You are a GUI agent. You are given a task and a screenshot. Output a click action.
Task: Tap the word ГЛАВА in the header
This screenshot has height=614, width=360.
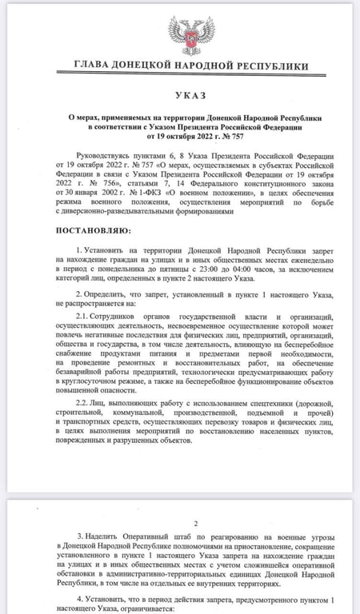click(94, 65)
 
